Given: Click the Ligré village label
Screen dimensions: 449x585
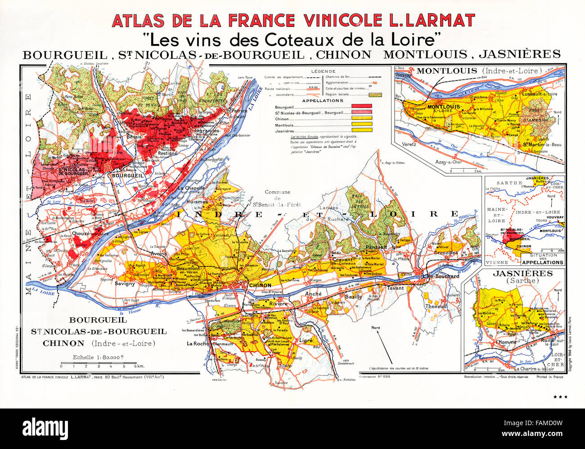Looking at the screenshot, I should (x=306, y=341).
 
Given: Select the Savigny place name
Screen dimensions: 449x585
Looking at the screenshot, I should (x=125, y=284).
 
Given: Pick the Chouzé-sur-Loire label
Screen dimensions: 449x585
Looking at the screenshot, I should (x=90, y=233).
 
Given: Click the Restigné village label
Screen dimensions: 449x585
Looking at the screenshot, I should (x=168, y=153).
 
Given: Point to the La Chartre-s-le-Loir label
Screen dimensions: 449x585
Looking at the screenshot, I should (x=533, y=368).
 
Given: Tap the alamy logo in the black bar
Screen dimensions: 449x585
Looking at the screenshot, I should (x=45, y=426).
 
